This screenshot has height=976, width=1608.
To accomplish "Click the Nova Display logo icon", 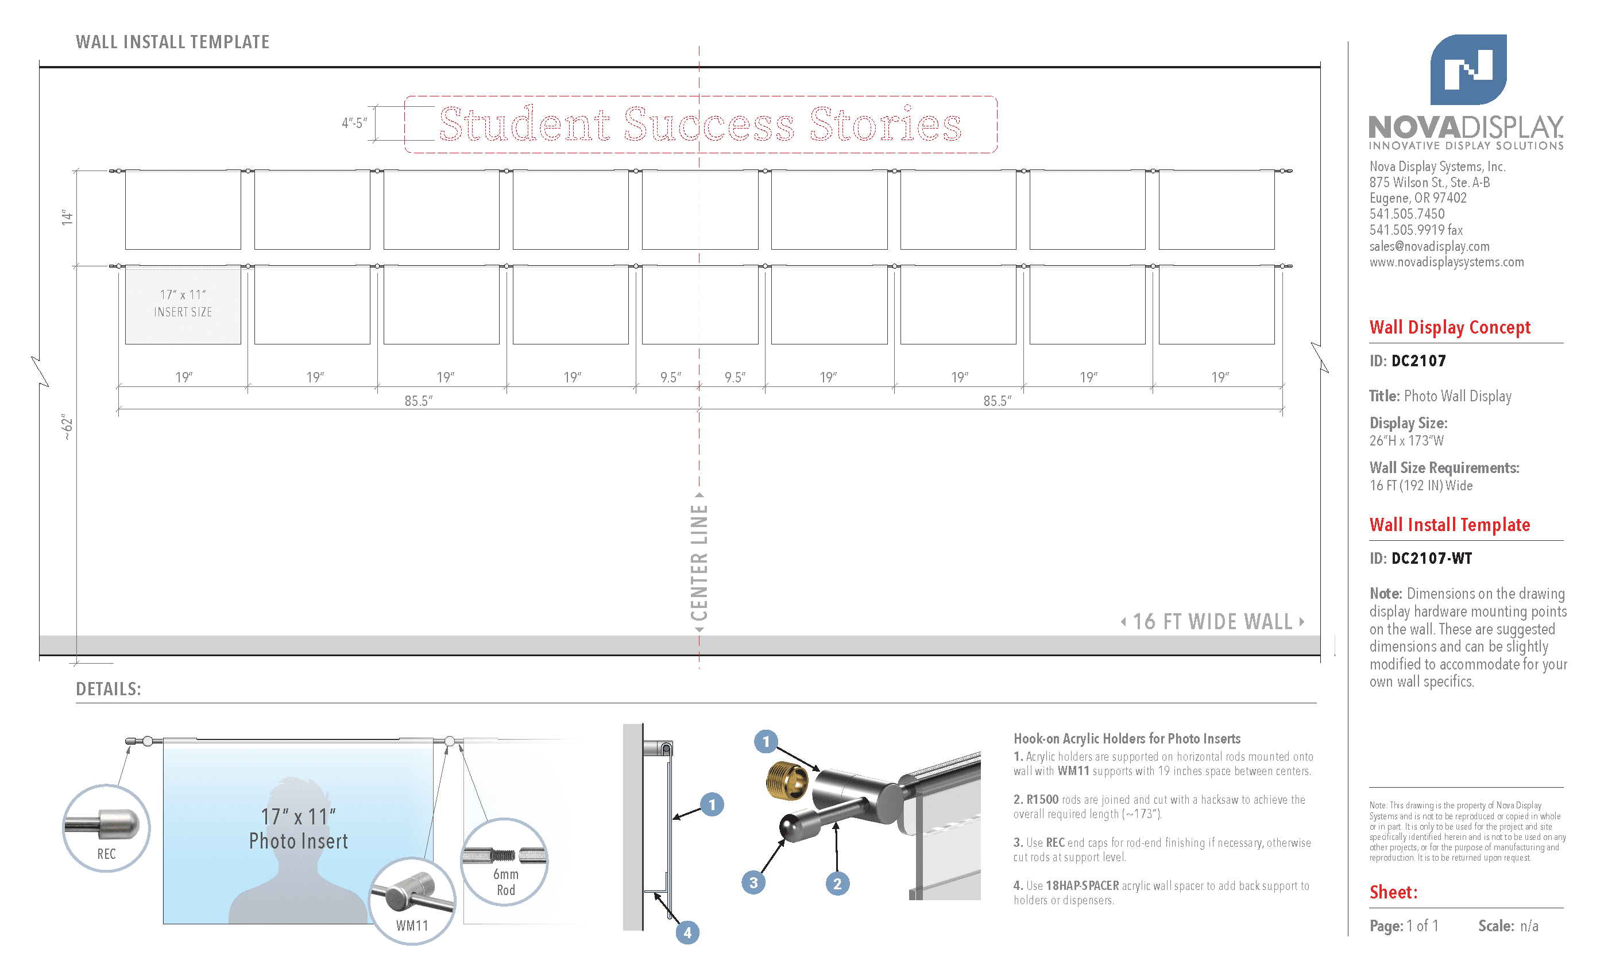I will point(1468,70).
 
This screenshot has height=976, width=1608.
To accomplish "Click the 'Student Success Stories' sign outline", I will point(700,125).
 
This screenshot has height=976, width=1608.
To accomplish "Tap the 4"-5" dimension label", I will point(354,123).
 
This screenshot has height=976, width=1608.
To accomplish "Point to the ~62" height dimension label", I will point(67,427).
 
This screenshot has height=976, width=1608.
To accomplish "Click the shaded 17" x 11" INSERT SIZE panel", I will point(183,304).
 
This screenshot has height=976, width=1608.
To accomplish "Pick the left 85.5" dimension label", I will point(418,401).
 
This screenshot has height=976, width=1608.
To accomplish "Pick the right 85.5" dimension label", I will point(996,401).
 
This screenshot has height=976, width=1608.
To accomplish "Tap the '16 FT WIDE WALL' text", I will point(1212,622).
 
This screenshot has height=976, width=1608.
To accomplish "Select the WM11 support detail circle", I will point(412,901).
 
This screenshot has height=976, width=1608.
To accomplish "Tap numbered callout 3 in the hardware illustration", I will point(753,883).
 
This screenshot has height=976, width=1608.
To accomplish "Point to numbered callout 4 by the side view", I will point(687,932).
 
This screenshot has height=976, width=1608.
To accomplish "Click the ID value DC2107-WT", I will point(1431,559).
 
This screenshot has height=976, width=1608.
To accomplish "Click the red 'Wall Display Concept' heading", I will point(1449,327).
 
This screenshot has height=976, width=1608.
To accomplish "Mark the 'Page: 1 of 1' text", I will point(1404,925).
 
